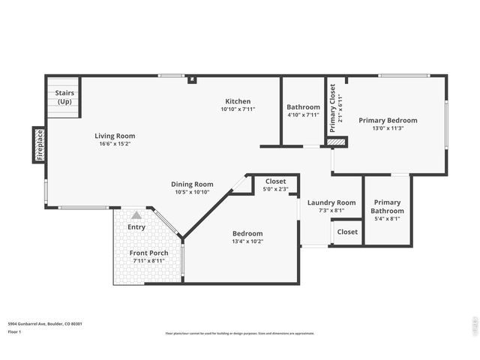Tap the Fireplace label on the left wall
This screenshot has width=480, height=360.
(40, 145)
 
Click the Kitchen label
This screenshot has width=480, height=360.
(238, 101)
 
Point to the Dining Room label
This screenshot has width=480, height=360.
(193, 184)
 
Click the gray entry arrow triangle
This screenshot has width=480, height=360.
(136, 214)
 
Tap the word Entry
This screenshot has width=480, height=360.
(136, 226)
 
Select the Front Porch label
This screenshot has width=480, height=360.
(148, 253)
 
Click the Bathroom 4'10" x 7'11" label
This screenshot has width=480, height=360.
(303, 107)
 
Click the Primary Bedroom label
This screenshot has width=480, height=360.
(388, 120)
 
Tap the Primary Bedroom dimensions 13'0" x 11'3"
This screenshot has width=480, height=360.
(388, 128)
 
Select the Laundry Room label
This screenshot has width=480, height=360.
(331, 202)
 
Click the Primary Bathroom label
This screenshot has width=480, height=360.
(387, 206)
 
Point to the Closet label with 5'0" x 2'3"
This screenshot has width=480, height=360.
(275, 181)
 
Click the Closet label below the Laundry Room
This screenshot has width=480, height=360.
(347, 232)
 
